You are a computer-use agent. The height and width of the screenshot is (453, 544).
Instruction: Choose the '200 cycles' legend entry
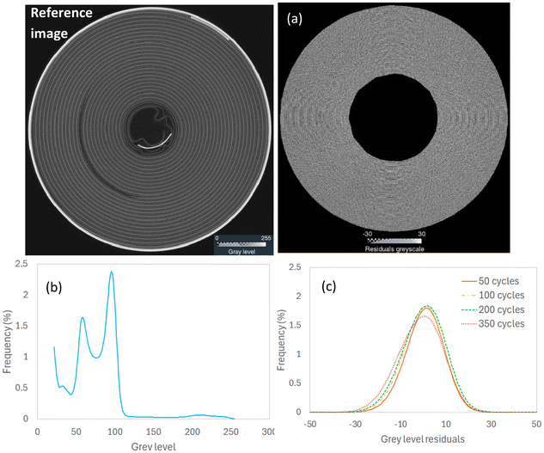[x=498, y=310]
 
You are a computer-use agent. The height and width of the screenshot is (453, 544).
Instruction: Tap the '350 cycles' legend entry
[x=498, y=327]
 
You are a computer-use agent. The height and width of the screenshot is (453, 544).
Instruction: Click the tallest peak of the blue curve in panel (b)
[x=112, y=272]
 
